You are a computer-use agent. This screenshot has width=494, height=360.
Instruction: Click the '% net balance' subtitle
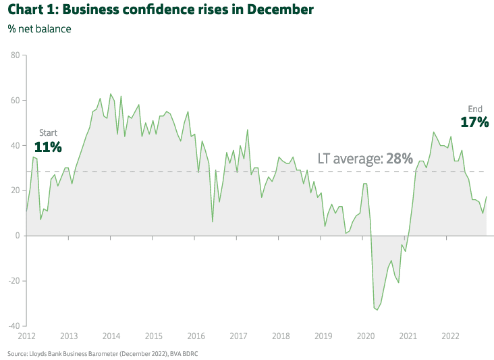(x=39, y=29)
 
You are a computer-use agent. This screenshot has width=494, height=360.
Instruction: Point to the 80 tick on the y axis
(x=15, y=55)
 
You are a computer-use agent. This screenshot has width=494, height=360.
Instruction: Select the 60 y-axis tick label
(x=15, y=101)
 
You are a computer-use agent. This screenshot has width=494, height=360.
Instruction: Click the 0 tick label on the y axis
(x=18, y=236)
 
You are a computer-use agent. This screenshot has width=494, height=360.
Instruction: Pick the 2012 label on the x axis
(x=26, y=336)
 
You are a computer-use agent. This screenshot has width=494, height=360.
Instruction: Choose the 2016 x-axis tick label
(x=196, y=336)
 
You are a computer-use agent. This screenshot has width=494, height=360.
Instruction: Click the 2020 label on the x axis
(x=365, y=336)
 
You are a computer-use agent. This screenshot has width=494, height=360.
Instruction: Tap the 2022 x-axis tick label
(x=450, y=336)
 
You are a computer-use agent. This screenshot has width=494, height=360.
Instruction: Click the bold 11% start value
(x=48, y=147)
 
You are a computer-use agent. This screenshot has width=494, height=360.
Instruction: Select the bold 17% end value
(x=474, y=122)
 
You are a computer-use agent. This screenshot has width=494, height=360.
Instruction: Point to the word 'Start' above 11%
(x=49, y=132)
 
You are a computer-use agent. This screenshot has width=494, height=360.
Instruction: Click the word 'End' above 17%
(x=475, y=109)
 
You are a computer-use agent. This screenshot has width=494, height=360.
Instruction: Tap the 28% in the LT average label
(x=399, y=159)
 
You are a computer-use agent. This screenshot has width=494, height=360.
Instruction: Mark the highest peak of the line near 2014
(x=111, y=94)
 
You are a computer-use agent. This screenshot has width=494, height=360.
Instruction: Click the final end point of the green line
(x=487, y=197)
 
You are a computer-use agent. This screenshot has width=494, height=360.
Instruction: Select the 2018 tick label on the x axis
(x=281, y=336)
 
